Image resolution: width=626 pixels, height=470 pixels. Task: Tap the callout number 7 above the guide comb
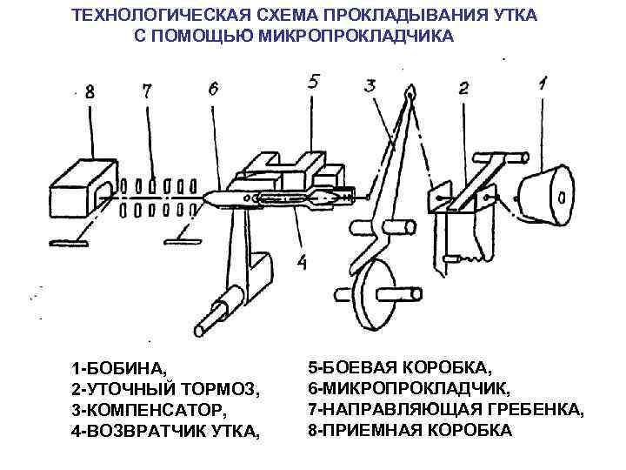pos(147,91)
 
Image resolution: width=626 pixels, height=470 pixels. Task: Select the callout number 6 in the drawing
pos(214,89)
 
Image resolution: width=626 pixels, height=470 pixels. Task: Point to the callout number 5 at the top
pos(315,81)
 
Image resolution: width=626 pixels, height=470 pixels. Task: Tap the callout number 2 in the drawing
pos(463,88)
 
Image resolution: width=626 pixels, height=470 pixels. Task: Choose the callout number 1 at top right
pos(543,84)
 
